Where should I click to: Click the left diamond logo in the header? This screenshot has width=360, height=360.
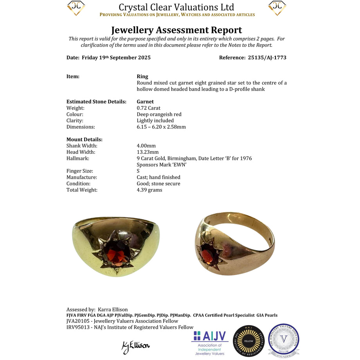tap(76, 8)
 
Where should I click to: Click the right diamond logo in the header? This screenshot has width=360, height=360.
tap(277, 8)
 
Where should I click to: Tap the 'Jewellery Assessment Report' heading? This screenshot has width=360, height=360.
tap(176, 30)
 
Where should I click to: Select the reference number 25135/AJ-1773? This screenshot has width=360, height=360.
tap(267, 58)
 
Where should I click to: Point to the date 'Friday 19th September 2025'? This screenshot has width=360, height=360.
tap(116, 58)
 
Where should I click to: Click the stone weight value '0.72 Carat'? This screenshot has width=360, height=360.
tap(148, 108)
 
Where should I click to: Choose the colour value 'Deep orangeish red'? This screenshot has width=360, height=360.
tap(159, 114)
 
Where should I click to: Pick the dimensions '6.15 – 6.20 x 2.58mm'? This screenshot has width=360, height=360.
tap(161, 127)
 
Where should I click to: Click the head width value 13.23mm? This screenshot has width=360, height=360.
tap(148, 152)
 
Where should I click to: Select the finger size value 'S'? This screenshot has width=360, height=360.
tap(139, 171)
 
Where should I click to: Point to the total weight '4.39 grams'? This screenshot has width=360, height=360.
tap(149, 190)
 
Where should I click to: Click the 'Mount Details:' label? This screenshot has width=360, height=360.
tap(85, 139)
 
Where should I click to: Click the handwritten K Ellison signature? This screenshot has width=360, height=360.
tap(135, 346)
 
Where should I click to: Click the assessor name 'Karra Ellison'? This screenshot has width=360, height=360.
tap(113, 310)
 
